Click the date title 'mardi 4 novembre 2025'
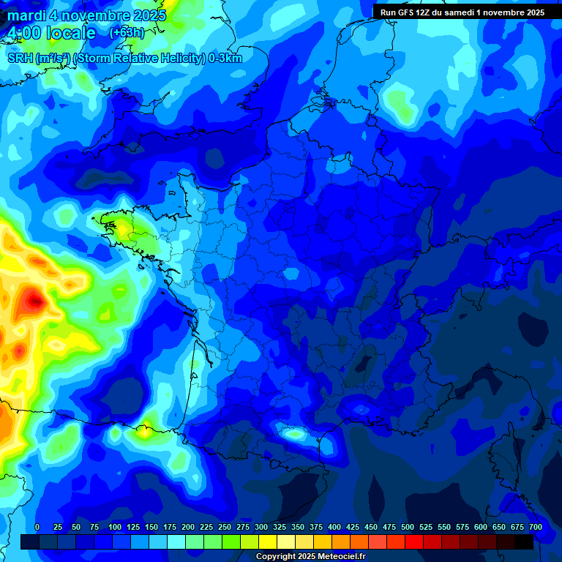click(87, 15)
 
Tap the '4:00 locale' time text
click(50, 34)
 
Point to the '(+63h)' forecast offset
click(127, 33)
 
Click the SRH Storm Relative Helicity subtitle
click(124, 59)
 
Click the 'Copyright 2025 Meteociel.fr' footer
click(311, 556)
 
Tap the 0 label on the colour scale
click(37, 527)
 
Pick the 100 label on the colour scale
click(115, 527)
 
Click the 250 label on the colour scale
click(225, 527)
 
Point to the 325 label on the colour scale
click(280, 527)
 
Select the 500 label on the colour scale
click(408, 527)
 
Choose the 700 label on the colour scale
click(536, 527)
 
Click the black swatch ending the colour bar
click(524, 542)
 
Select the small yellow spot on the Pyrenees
click(146, 430)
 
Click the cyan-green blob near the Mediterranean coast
click(296, 434)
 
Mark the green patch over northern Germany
click(401, 103)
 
